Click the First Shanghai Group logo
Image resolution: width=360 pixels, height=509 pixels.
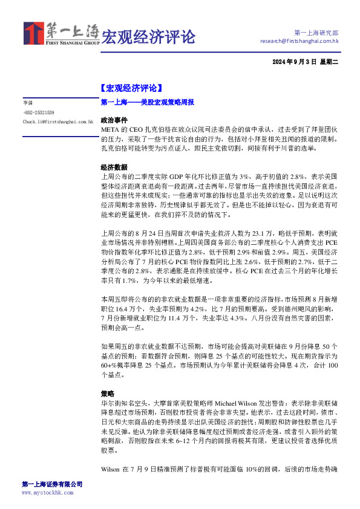[61, 34]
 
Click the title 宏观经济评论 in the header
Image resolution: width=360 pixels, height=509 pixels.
[148, 36]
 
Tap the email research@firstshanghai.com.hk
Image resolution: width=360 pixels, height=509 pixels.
[299, 41]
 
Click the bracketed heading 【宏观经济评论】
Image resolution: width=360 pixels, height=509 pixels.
[131, 88]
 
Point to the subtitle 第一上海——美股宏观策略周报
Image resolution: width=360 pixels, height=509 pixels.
[147, 103]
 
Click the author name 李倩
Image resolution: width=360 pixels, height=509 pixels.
[27, 103]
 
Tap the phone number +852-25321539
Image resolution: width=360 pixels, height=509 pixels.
[38, 112]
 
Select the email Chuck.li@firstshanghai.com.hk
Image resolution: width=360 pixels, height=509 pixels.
[57, 122]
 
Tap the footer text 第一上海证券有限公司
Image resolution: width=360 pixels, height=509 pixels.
[52, 484]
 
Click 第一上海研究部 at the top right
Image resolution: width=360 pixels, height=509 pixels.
[316, 32]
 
